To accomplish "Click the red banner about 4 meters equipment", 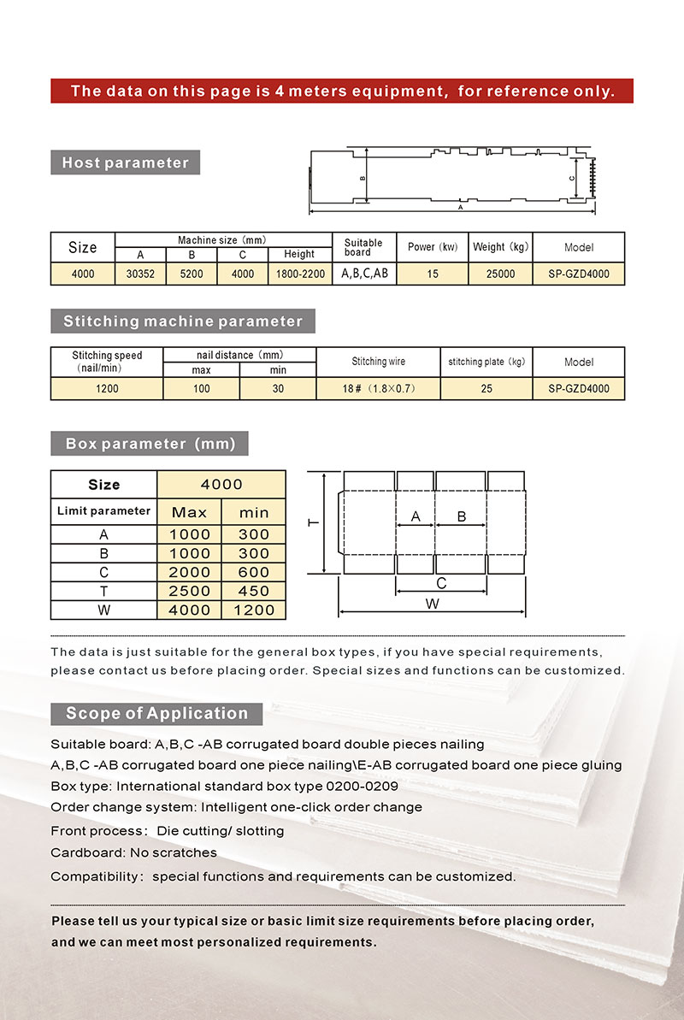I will pos(342,91).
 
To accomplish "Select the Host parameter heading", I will pos(125,162).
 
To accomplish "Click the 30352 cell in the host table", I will pos(140,274).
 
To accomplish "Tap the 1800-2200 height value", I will pos(299,274).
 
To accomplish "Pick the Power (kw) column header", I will pos(433,247).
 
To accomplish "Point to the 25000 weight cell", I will pos(500,274).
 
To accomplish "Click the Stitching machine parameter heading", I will pos(183,321).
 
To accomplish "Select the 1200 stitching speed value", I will pos(107,389).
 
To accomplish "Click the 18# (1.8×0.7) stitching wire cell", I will pos(378,389).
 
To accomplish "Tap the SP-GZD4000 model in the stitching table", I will pos(579,389).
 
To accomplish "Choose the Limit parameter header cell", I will pos(103,511).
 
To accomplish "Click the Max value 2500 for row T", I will pos(189,591).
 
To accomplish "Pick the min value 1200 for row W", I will pos(254,610).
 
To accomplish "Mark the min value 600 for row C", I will pos(254,572).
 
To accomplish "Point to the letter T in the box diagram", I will pos(315,522).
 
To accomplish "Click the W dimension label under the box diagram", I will pos(433,604).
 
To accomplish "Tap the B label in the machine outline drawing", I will pos(363,179).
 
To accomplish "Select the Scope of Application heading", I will pos(156,713).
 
